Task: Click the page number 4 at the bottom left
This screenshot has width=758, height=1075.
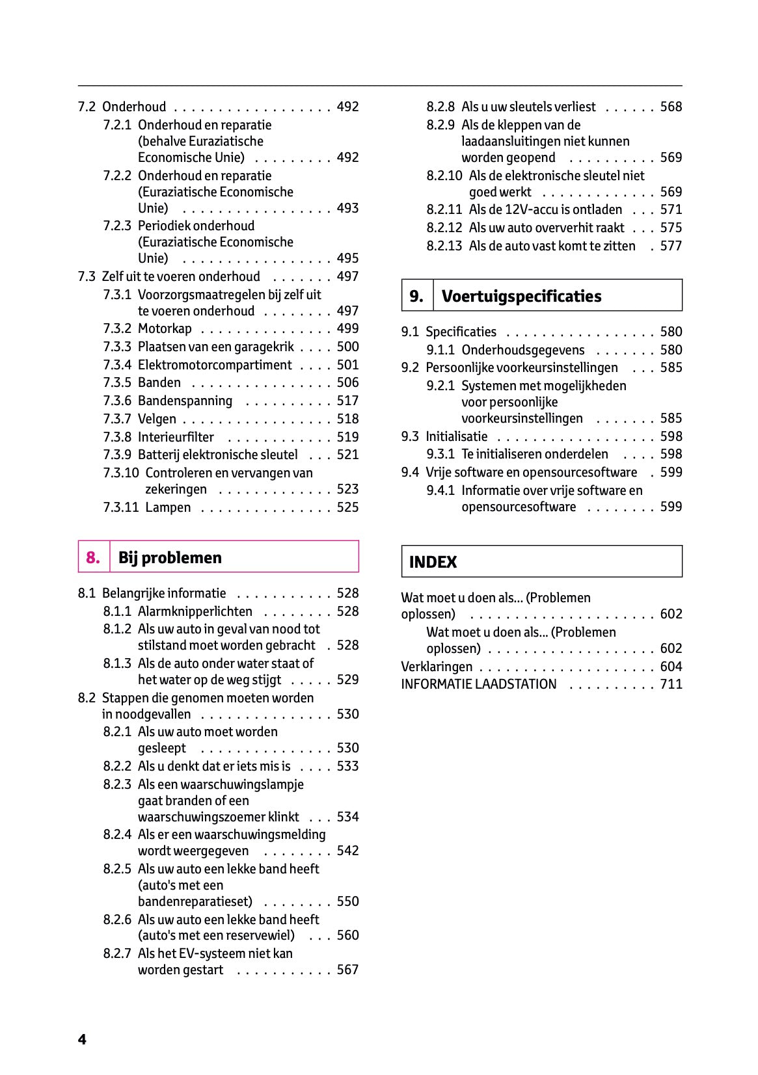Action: [82, 1039]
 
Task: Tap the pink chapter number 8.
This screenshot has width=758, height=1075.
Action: [93, 557]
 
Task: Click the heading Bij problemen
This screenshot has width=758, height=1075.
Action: [170, 557]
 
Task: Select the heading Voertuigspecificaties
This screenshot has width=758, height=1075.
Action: [521, 296]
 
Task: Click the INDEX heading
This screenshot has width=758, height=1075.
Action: [433, 562]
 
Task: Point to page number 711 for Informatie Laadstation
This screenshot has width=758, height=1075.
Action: [671, 684]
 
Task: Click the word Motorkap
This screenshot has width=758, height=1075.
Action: [165, 328]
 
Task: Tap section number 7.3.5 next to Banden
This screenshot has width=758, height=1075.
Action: [117, 382]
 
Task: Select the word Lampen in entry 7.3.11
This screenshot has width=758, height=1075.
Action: [168, 507]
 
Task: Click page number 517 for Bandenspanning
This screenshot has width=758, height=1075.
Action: [347, 401]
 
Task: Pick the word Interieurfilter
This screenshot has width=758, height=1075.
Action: [176, 437]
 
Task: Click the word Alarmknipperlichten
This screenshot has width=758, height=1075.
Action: [195, 611]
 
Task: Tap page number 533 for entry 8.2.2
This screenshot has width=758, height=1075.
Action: [347, 766]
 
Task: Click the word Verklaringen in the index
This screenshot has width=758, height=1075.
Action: [437, 667]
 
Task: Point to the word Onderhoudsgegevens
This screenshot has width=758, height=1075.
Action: [522, 350]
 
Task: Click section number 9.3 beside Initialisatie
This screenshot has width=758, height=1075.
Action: [410, 436]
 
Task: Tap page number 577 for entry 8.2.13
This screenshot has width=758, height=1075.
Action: [671, 246]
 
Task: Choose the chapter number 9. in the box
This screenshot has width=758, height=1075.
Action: [416, 296]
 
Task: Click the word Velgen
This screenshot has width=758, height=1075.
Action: [157, 419]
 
